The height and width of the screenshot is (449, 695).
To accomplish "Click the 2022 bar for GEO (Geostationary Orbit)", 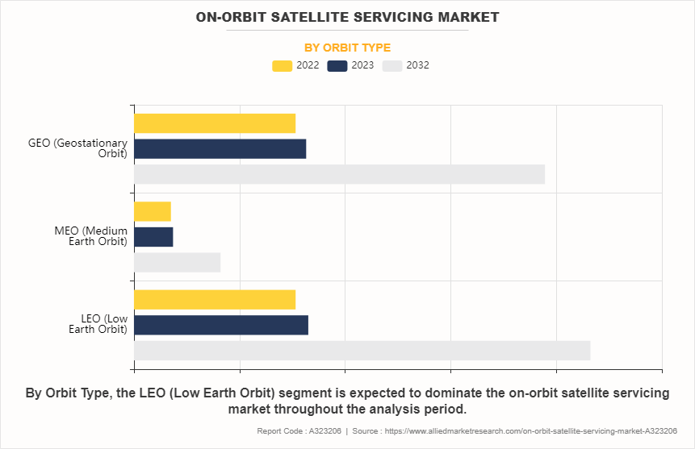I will (215, 123).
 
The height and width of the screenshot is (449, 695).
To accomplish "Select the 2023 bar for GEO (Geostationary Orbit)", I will (220, 149).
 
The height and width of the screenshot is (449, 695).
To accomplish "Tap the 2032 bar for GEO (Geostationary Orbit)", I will (339, 174).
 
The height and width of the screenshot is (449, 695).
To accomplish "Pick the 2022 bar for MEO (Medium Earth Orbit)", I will (153, 211).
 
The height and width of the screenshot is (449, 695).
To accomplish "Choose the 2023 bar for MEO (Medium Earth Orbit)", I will (153, 237).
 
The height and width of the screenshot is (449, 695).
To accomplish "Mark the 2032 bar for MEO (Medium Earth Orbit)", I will (177, 263).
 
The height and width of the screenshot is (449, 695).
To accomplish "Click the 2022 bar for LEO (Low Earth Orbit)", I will (215, 300).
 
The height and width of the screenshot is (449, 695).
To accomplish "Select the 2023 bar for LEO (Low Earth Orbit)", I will (221, 325).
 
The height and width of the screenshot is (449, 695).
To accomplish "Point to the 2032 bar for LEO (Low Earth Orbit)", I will (362, 351).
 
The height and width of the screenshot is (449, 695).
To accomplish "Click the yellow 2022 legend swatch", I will (282, 66).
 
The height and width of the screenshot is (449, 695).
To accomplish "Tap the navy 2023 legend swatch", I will (337, 66).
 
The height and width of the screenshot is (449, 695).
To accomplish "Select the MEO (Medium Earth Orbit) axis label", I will (91, 236).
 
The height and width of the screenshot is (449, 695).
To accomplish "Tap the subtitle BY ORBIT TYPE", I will (347, 48).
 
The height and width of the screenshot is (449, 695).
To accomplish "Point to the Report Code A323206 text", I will (299, 431).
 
